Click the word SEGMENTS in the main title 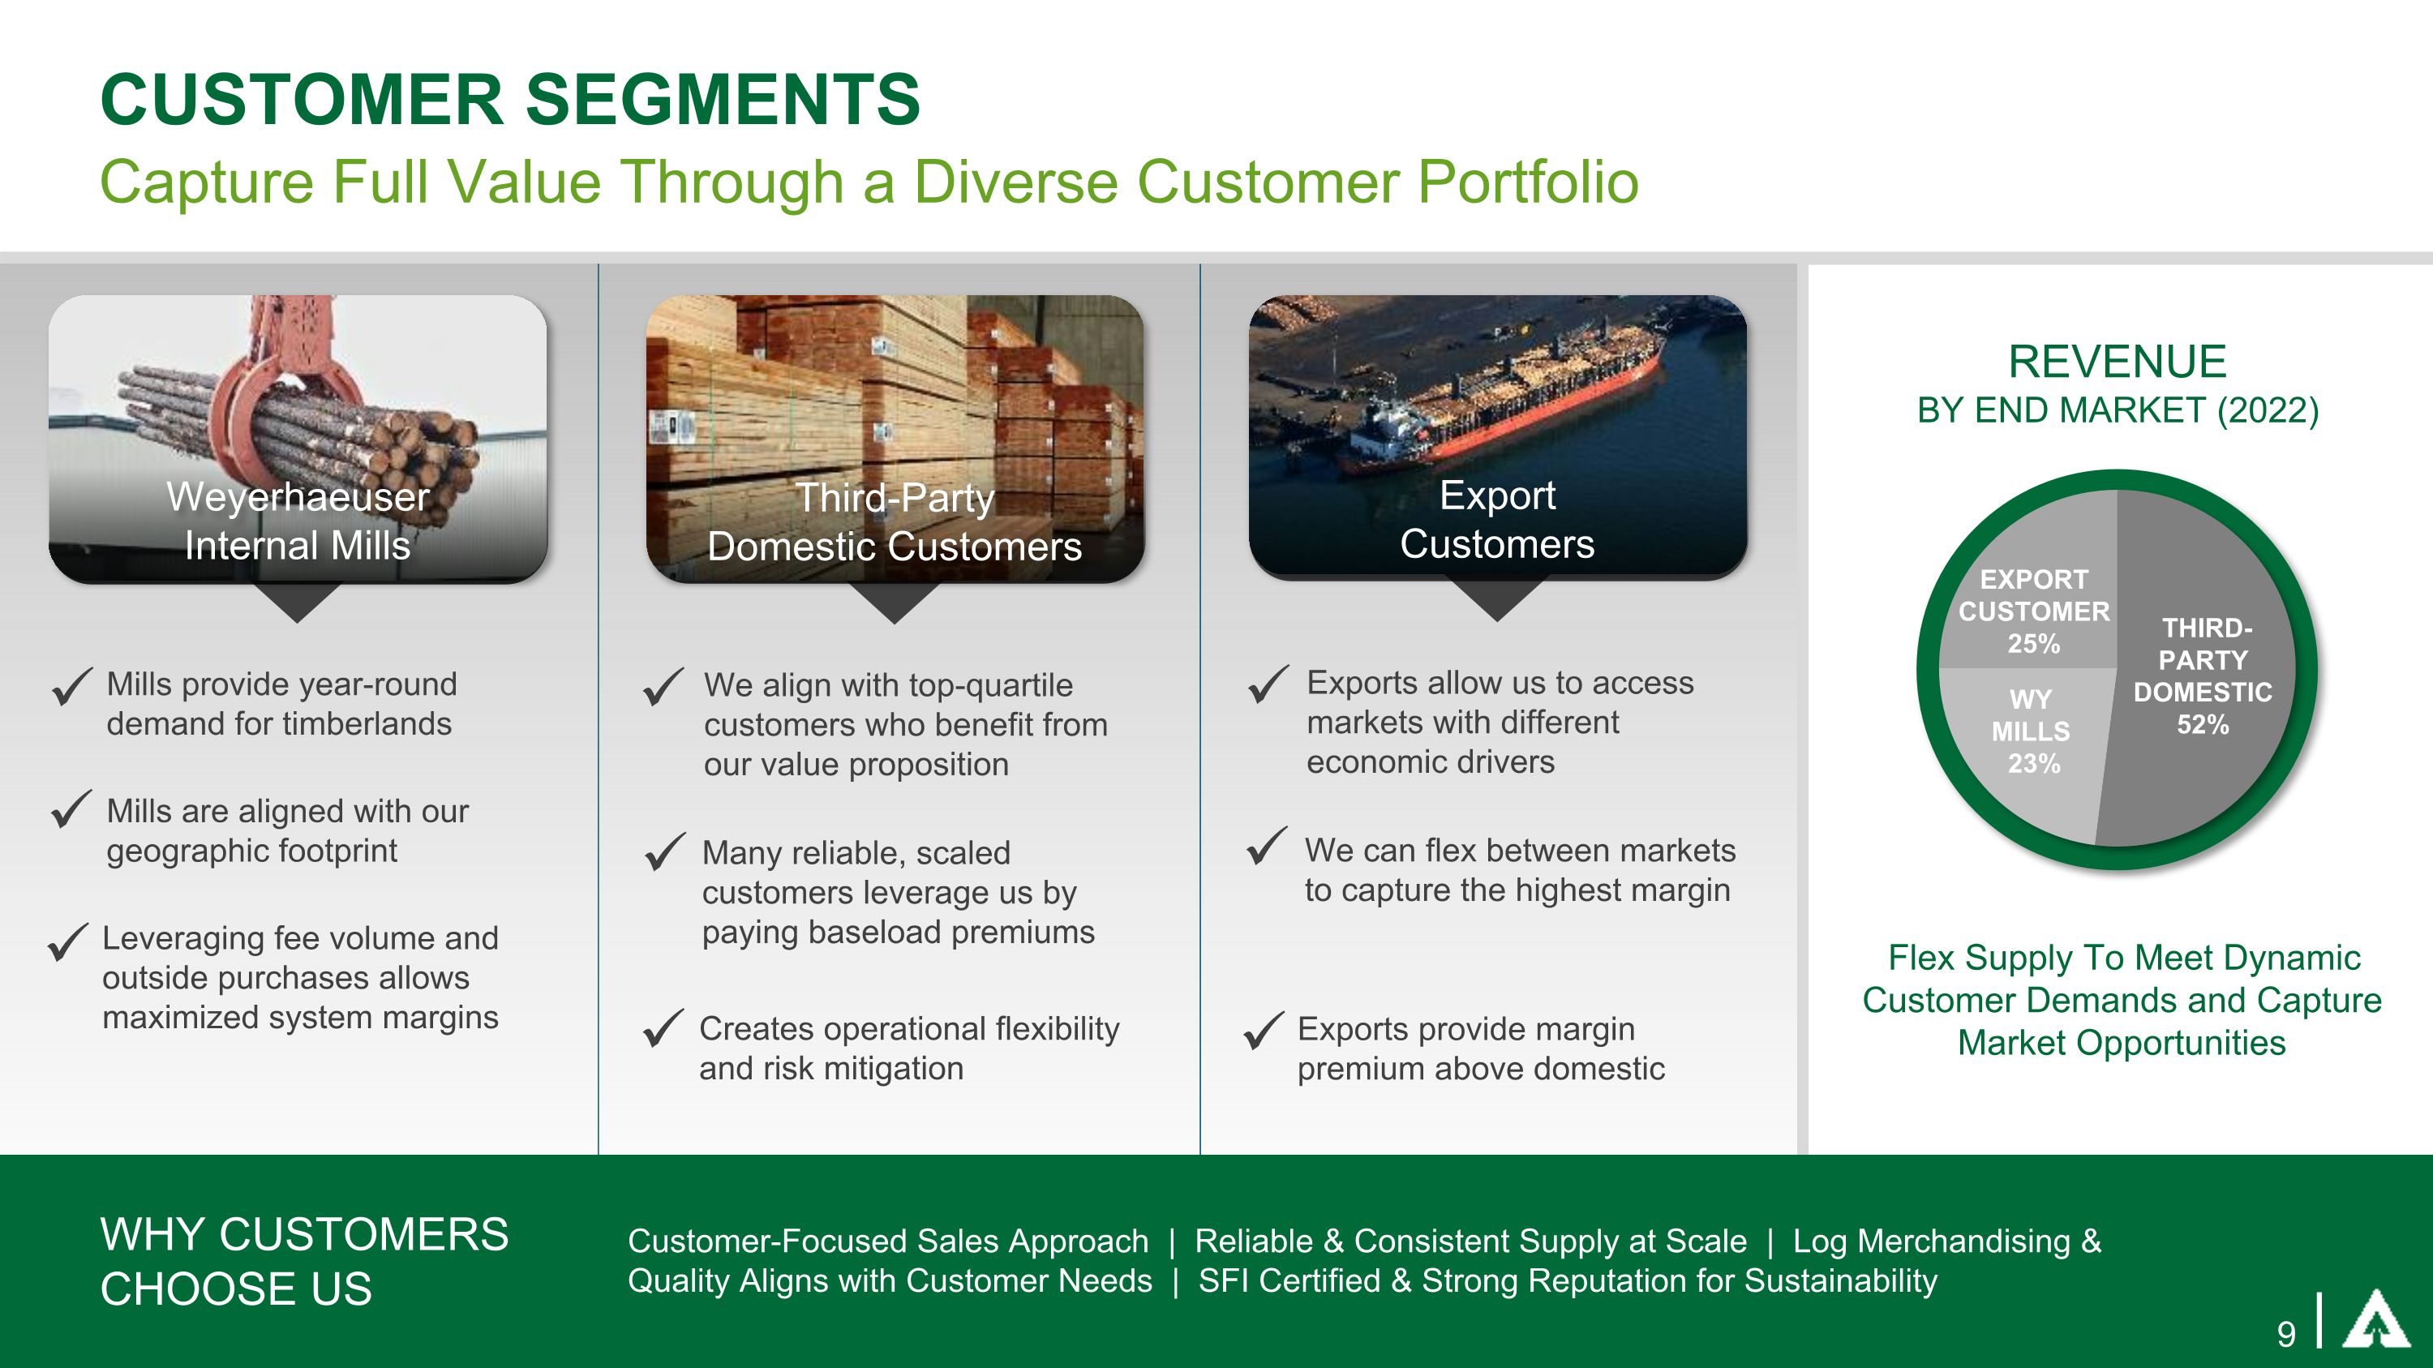pyautogui.click(x=723, y=99)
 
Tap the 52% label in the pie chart pyautogui.click(x=2203, y=725)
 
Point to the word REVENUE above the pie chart pyautogui.click(x=2117, y=362)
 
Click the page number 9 pyautogui.click(x=2285, y=1334)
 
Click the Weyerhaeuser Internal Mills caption pyautogui.click(x=298, y=521)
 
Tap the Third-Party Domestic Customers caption pyautogui.click(x=895, y=522)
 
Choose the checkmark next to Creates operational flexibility pyautogui.click(x=663, y=1028)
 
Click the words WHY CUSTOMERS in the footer pyautogui.click(x=304, y=1235)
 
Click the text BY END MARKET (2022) pyautogui.click(x=2118, y=410)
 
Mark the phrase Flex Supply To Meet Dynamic pyautogui.click(x=2123, y=958)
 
